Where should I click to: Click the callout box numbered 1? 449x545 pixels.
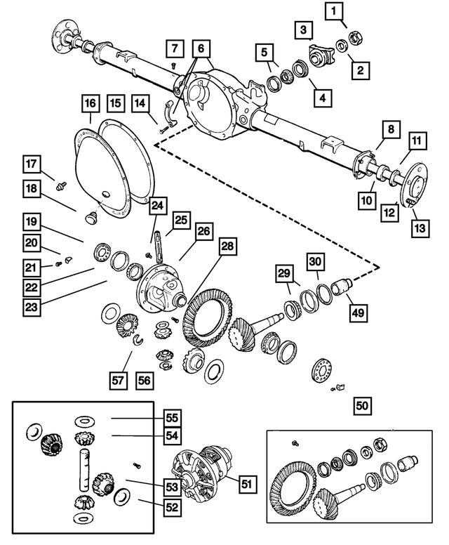pyautogui.click(x=333, y=11)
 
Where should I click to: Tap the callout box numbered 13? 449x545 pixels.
pyautogui.click(x=420, y=228)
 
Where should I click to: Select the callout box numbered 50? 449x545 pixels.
pyautogui.click(x=362, y=406)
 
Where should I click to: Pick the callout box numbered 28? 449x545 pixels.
pyautogui.click(x=227, y=247)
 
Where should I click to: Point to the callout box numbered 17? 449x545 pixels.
pyautogui.click(x=32, y=164)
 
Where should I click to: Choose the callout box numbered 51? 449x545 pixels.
pyautogui.click(x=248, y=483)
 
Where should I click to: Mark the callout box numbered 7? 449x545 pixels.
pyautogui.click(x=175, y=48)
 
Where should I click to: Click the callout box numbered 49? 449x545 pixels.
pyautogui.click(x=358, y=313)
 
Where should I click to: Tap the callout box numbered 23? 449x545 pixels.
pyautogui.click(x=32, y=307)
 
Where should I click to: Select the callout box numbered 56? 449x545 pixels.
pyautogui.click(x=144, y=381)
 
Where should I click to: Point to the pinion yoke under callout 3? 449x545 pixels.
pyautogui.click(x=319, y=55)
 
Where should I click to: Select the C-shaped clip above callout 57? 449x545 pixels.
pyautogui.click(x=138, y=339)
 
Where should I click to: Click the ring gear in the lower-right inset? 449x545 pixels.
pyautogui.click(x=294, y=487)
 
